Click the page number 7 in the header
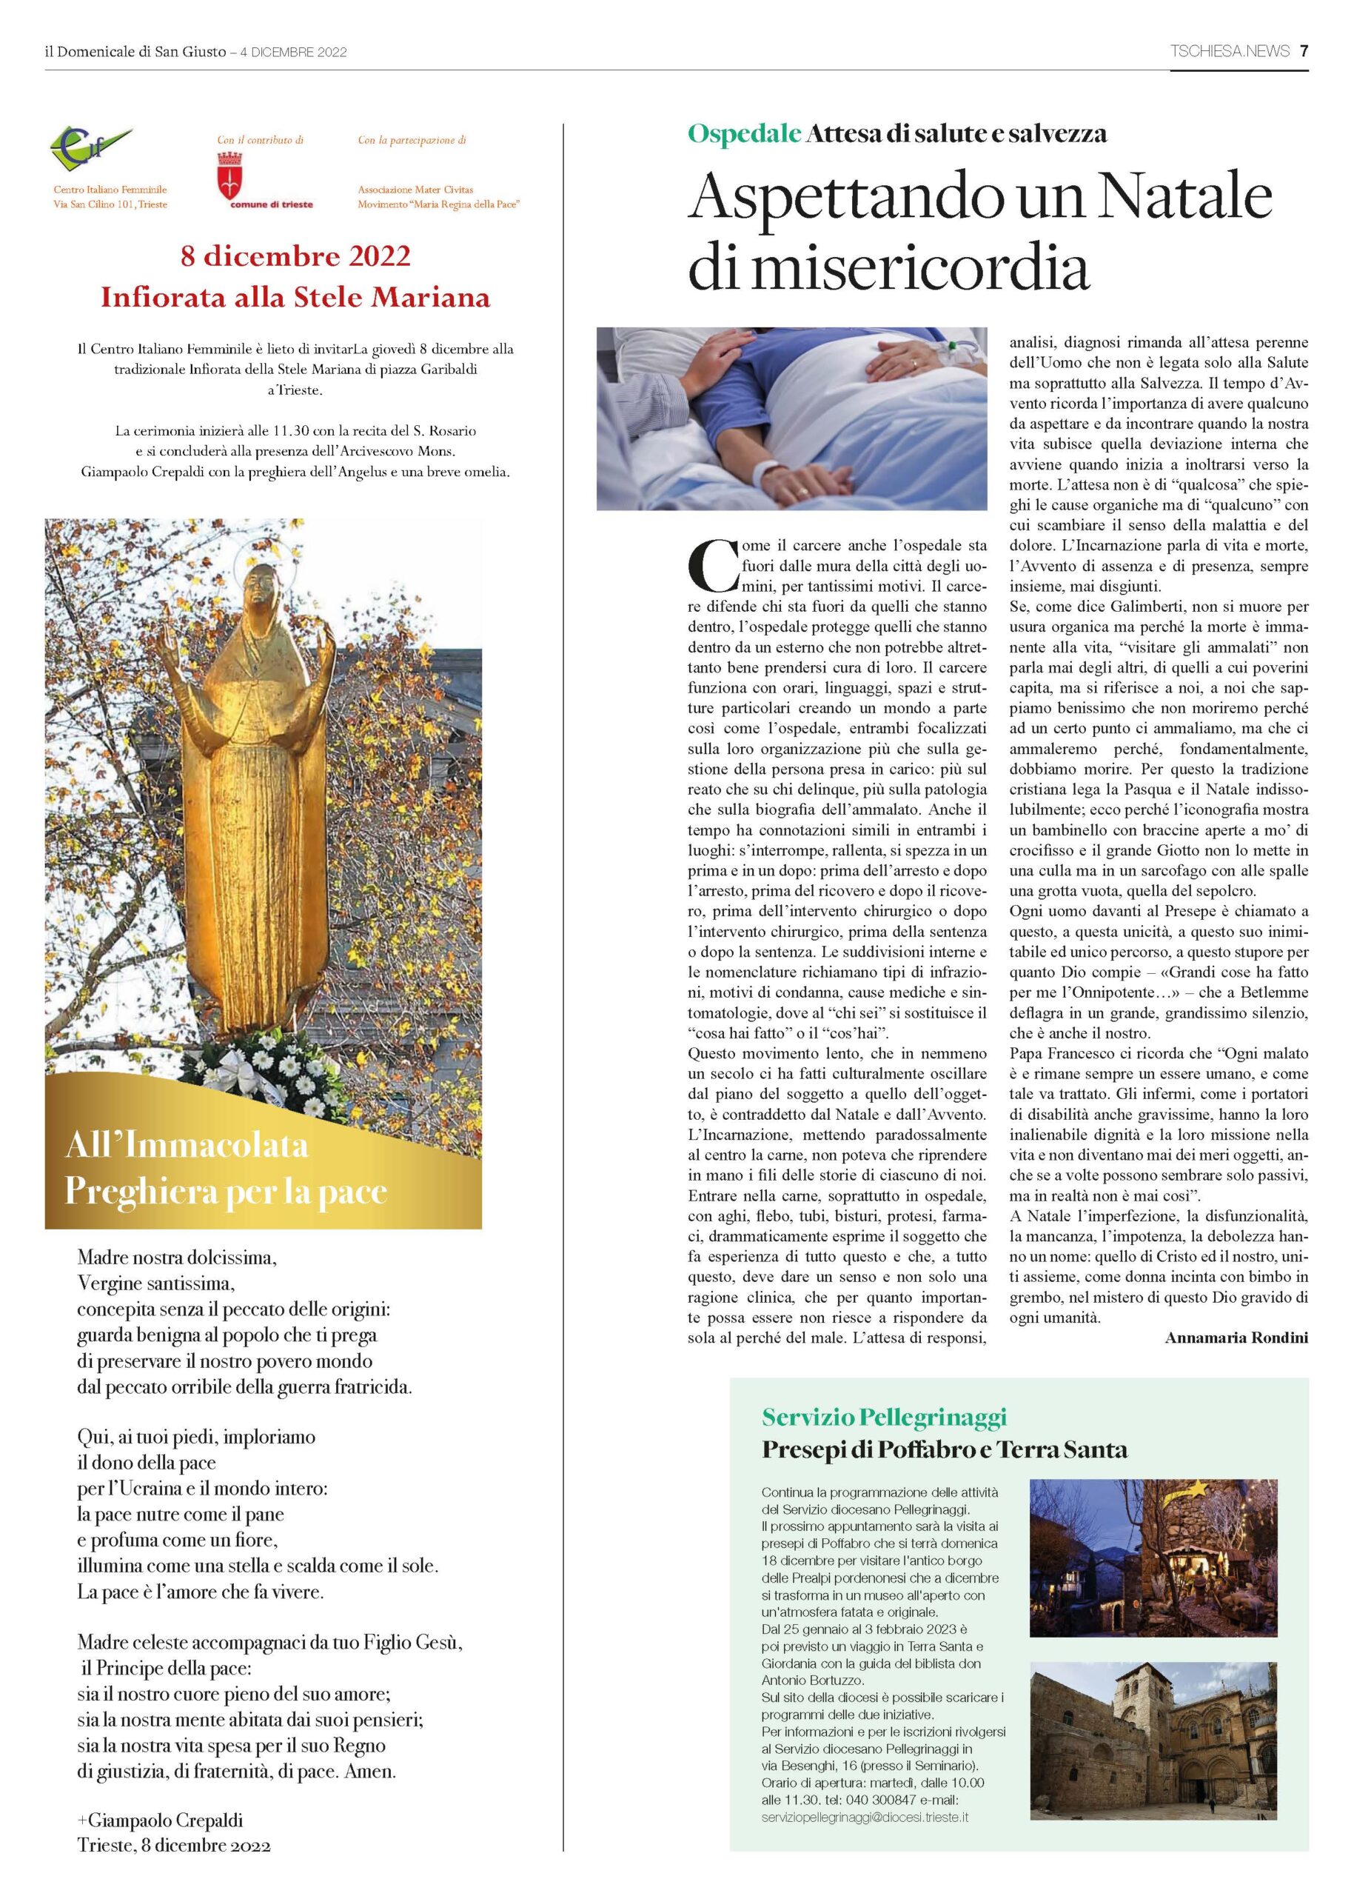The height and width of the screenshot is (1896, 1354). coord(1303,51)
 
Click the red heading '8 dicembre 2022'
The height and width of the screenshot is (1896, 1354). coord(296,256)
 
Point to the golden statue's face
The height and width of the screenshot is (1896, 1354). coord(260,589)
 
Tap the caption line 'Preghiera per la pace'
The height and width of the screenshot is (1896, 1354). coord(226,1191)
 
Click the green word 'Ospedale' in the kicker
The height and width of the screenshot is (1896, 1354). coord(745,133)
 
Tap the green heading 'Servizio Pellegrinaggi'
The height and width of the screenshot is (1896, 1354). coord(884,1416)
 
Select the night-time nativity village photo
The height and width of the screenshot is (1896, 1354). coord(1153,1558)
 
